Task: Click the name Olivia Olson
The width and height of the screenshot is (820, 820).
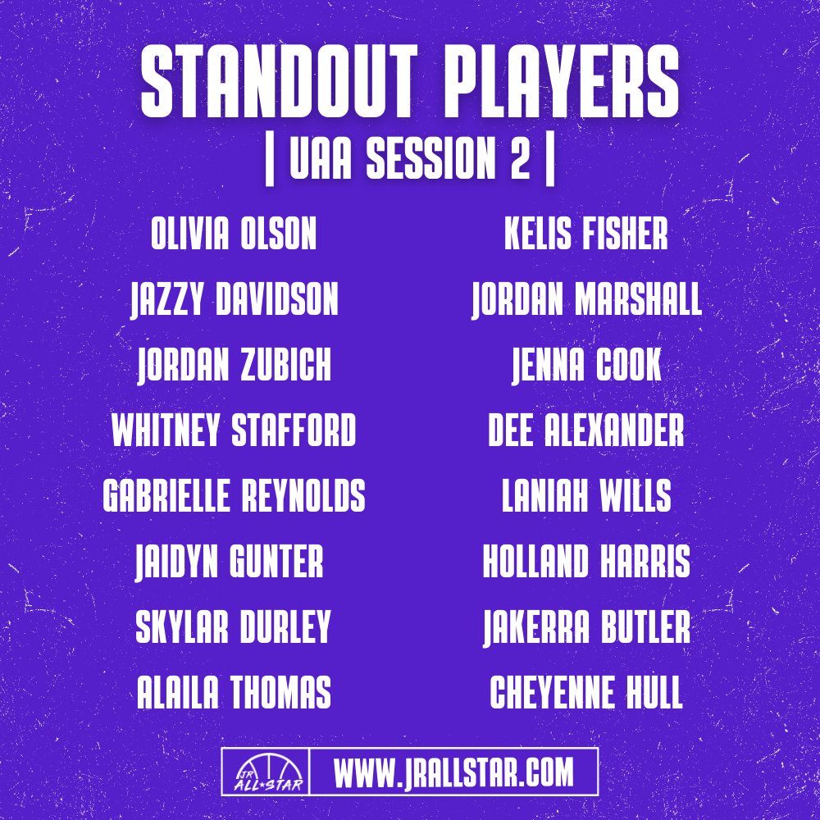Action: tap(234, 235)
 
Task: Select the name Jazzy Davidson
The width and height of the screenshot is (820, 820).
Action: tap(234, 301)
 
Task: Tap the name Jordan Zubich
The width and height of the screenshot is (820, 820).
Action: tap(234, 366)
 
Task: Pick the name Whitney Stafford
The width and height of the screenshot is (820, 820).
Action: tap(234, 431)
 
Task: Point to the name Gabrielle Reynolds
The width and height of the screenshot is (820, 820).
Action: tap(234, 497)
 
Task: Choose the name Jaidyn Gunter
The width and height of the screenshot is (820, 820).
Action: tap(230, 563)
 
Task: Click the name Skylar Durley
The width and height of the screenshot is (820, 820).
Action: tap(233, 627)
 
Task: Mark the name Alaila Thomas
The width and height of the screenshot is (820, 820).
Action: tap(234, 693)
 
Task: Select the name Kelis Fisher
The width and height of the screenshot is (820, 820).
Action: tap(586, 235)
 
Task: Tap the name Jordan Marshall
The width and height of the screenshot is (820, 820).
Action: tap(586, 301)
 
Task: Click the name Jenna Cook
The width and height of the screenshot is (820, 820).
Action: tap(586, 366)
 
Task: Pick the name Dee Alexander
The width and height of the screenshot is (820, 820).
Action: tap(586, 431)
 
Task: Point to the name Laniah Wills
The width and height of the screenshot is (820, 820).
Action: tap(586, 497)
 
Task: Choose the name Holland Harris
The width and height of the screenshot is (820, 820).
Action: tap(586, 563)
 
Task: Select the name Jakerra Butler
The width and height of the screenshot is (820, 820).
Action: tap(586, 627)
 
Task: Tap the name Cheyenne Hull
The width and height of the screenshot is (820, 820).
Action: tap(586, 693)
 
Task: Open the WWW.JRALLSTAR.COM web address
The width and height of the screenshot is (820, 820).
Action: tap(453, 772)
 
